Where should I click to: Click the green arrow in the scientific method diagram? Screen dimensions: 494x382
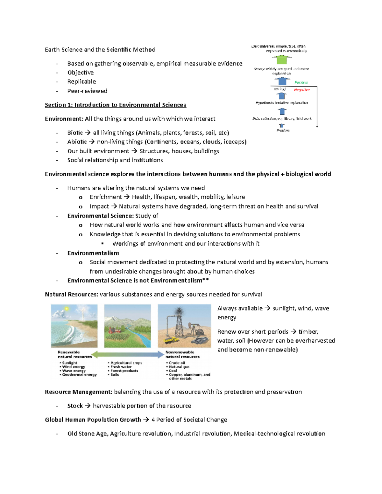(282, 59)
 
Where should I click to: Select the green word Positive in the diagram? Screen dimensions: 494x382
(301, 82)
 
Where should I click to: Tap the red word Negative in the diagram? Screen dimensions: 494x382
(301, 90)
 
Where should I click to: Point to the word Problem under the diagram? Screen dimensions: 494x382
(283, 130)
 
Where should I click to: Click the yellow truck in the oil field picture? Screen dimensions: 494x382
(171, 340)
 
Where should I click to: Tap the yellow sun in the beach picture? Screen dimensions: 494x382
(67, 309)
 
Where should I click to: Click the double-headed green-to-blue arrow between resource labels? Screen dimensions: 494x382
(128, 354)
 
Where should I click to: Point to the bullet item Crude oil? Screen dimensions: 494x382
(177, 363)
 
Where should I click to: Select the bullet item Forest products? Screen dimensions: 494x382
(124, 371)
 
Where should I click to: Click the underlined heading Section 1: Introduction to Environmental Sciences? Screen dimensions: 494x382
(115, 105)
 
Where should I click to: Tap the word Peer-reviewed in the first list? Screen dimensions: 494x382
(87, 91)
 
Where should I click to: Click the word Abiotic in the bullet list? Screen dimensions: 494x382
(77, 142)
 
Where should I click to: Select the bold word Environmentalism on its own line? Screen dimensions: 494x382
(93, 253)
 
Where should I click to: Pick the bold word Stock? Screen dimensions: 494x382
(75, 406)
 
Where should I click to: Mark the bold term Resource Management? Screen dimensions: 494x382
(78, 392)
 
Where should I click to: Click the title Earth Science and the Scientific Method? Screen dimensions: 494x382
(100, 50)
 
